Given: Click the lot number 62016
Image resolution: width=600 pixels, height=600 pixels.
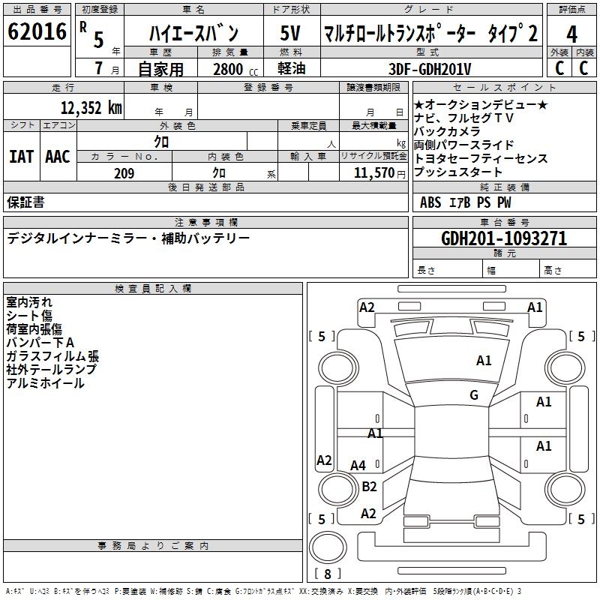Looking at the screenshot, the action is pyautogui.click(x=37, y=32).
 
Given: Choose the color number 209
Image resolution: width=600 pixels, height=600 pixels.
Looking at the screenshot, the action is pyautogui.click(x=124, y=173).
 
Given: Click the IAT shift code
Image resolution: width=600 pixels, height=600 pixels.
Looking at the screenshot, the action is pyautogui.click(x=21, y=157).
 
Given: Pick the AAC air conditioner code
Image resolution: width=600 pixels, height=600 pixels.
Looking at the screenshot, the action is pyautogui.click(x=58, y=157).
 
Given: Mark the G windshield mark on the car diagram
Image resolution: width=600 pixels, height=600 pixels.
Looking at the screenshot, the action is pyautogui.click(x=474, y=395).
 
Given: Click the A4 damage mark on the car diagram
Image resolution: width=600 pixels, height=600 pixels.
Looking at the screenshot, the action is pyautogui.click(x=358, y=466).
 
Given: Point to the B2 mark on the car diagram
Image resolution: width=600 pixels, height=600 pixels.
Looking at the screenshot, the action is pyautogui.click(x=369, y=487).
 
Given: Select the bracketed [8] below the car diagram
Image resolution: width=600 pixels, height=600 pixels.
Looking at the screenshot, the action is pyautogui.click(x=327, y=574).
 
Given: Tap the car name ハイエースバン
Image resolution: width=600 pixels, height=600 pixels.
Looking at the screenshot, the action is pyautogui.click(x=193, y=33).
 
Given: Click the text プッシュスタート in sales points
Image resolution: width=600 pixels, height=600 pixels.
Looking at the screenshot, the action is pyautogui.click(x=457, y=172).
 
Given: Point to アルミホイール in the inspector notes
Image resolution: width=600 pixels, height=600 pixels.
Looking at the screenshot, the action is pyautogui.click(x=45, y=383).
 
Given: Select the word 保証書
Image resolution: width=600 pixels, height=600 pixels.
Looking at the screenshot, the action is pyautogui.click(x=25, y=202).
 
